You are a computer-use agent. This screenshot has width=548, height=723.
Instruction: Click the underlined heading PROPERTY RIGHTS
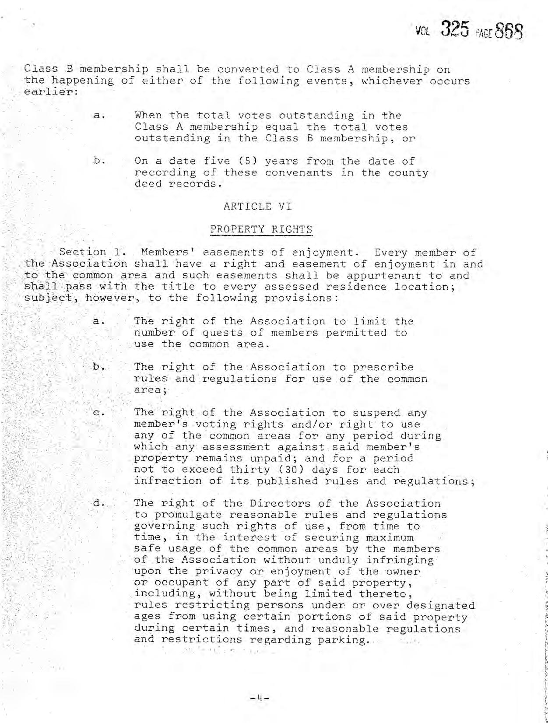point(261,229)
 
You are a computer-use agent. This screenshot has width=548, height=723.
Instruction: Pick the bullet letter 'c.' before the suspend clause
point(99,412)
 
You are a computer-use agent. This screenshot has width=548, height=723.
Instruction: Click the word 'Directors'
point(281,503)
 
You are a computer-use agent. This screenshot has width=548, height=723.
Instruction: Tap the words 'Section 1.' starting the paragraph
point(88,252)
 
